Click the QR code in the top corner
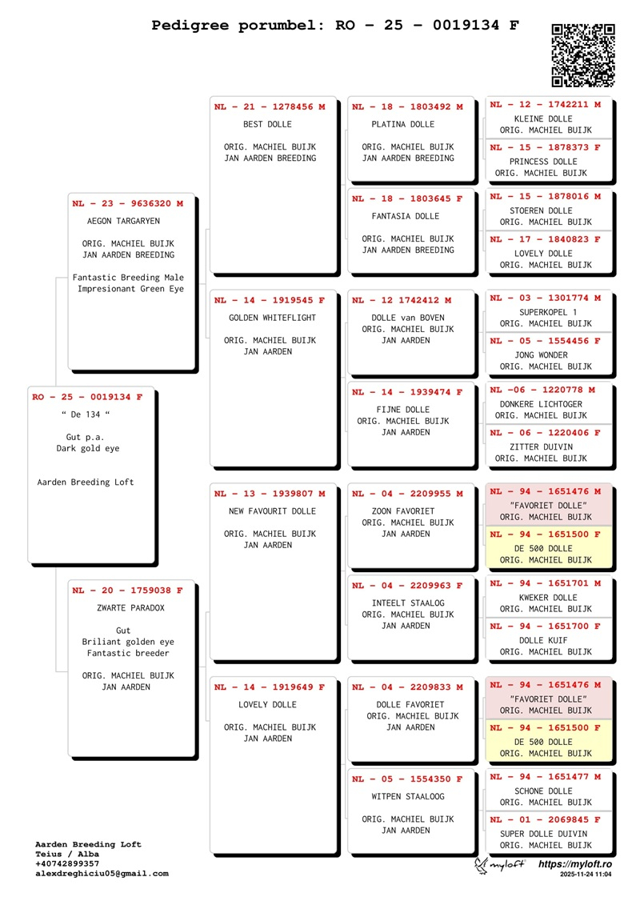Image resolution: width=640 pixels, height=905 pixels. [583, 55]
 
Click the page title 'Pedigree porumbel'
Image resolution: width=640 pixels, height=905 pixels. [236, 26]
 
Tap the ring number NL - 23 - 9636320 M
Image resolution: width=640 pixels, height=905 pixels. [127, 204]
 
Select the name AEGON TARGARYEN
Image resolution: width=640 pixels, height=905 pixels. [123, 221]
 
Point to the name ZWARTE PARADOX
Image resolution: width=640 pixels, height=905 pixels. [130, 608]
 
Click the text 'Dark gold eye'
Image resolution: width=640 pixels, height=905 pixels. [88, 448]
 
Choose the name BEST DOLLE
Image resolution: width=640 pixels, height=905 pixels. [267, 124]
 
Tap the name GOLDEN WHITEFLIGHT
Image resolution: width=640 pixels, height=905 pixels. [272, 318]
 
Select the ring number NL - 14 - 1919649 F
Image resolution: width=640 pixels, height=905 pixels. [270, 687]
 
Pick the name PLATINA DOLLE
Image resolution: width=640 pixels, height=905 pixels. [403, 124]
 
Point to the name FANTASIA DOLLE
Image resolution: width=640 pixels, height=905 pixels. [405, 216]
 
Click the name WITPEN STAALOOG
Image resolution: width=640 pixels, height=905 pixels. [408, 796]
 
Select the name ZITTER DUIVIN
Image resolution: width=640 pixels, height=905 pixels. [542, 446]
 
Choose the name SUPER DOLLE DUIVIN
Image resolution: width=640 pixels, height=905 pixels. [544, 834]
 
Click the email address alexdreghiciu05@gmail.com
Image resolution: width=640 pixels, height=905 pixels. [102, 874]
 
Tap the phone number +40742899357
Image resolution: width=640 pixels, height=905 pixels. [67, 864]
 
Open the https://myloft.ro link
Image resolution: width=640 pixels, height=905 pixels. [574, 864]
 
